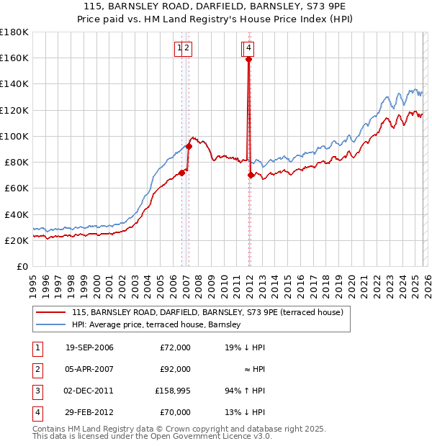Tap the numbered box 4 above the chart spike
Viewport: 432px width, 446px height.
(248, 48)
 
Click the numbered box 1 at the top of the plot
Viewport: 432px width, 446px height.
(179, 48)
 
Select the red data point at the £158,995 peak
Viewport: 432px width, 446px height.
(248, 60)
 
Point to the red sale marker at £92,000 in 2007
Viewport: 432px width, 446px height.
(189, 146)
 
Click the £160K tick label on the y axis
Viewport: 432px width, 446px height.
(14, 58)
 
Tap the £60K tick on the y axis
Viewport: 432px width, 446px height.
(16, 188)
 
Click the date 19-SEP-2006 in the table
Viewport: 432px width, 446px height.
(89, 347)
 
